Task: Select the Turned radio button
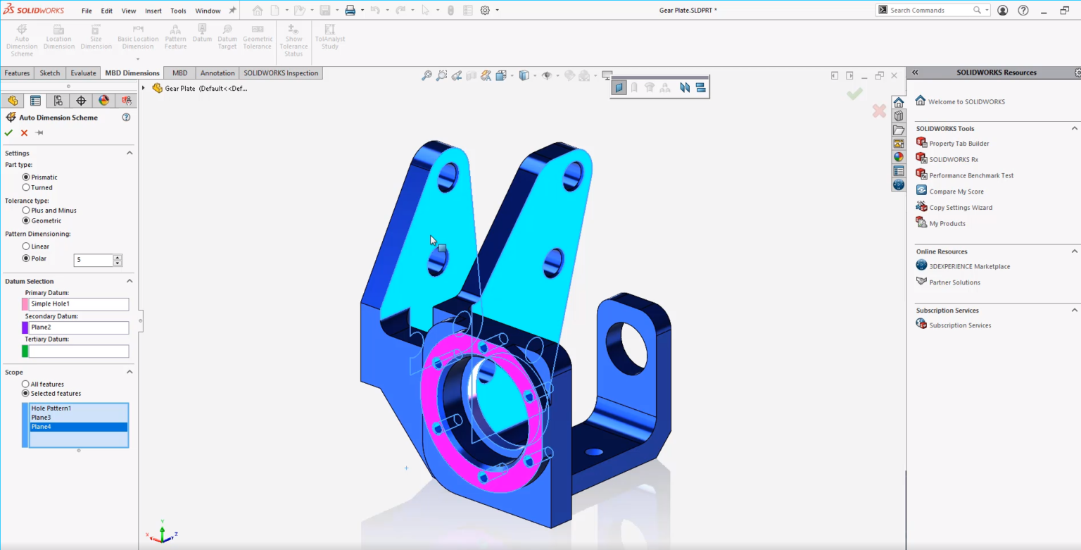pyautogui.click(x=26, y=187)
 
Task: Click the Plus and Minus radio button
pyautogui.click(x=26, y=210)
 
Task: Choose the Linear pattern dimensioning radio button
pyautogui.click(x=26, y=246)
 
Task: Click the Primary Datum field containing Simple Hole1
pyautogui.click(x=78, y=304)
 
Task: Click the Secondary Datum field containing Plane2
pyautogui.click(x=78, y=327)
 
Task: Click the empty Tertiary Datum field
pyautogui.click(x=78, y=351)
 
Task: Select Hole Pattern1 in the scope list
pyautogui.click(x=51, y=408)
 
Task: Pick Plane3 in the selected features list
pyautogui.click(x=41, y=418)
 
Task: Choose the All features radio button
pyautogui.click(x=26, y=384)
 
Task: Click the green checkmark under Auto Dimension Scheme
pyautogui.click(x=8, y=132)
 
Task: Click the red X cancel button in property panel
pyautogui.click(x=24, y=132)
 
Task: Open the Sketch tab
pyautogui.click(x=50, y=73)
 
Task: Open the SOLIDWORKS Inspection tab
pyautogui.click(x=281, y=73)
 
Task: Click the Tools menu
pyautogui.click(x=178, y=11)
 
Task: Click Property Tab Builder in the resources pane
pyautogui.click(x=959, y=144)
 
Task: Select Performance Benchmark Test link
pyautogui.click(x=971, y=175)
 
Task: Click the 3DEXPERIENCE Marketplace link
pyautogui.click(x=969, y=266)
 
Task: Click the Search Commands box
pyautogui.click(x=929, y=10)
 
